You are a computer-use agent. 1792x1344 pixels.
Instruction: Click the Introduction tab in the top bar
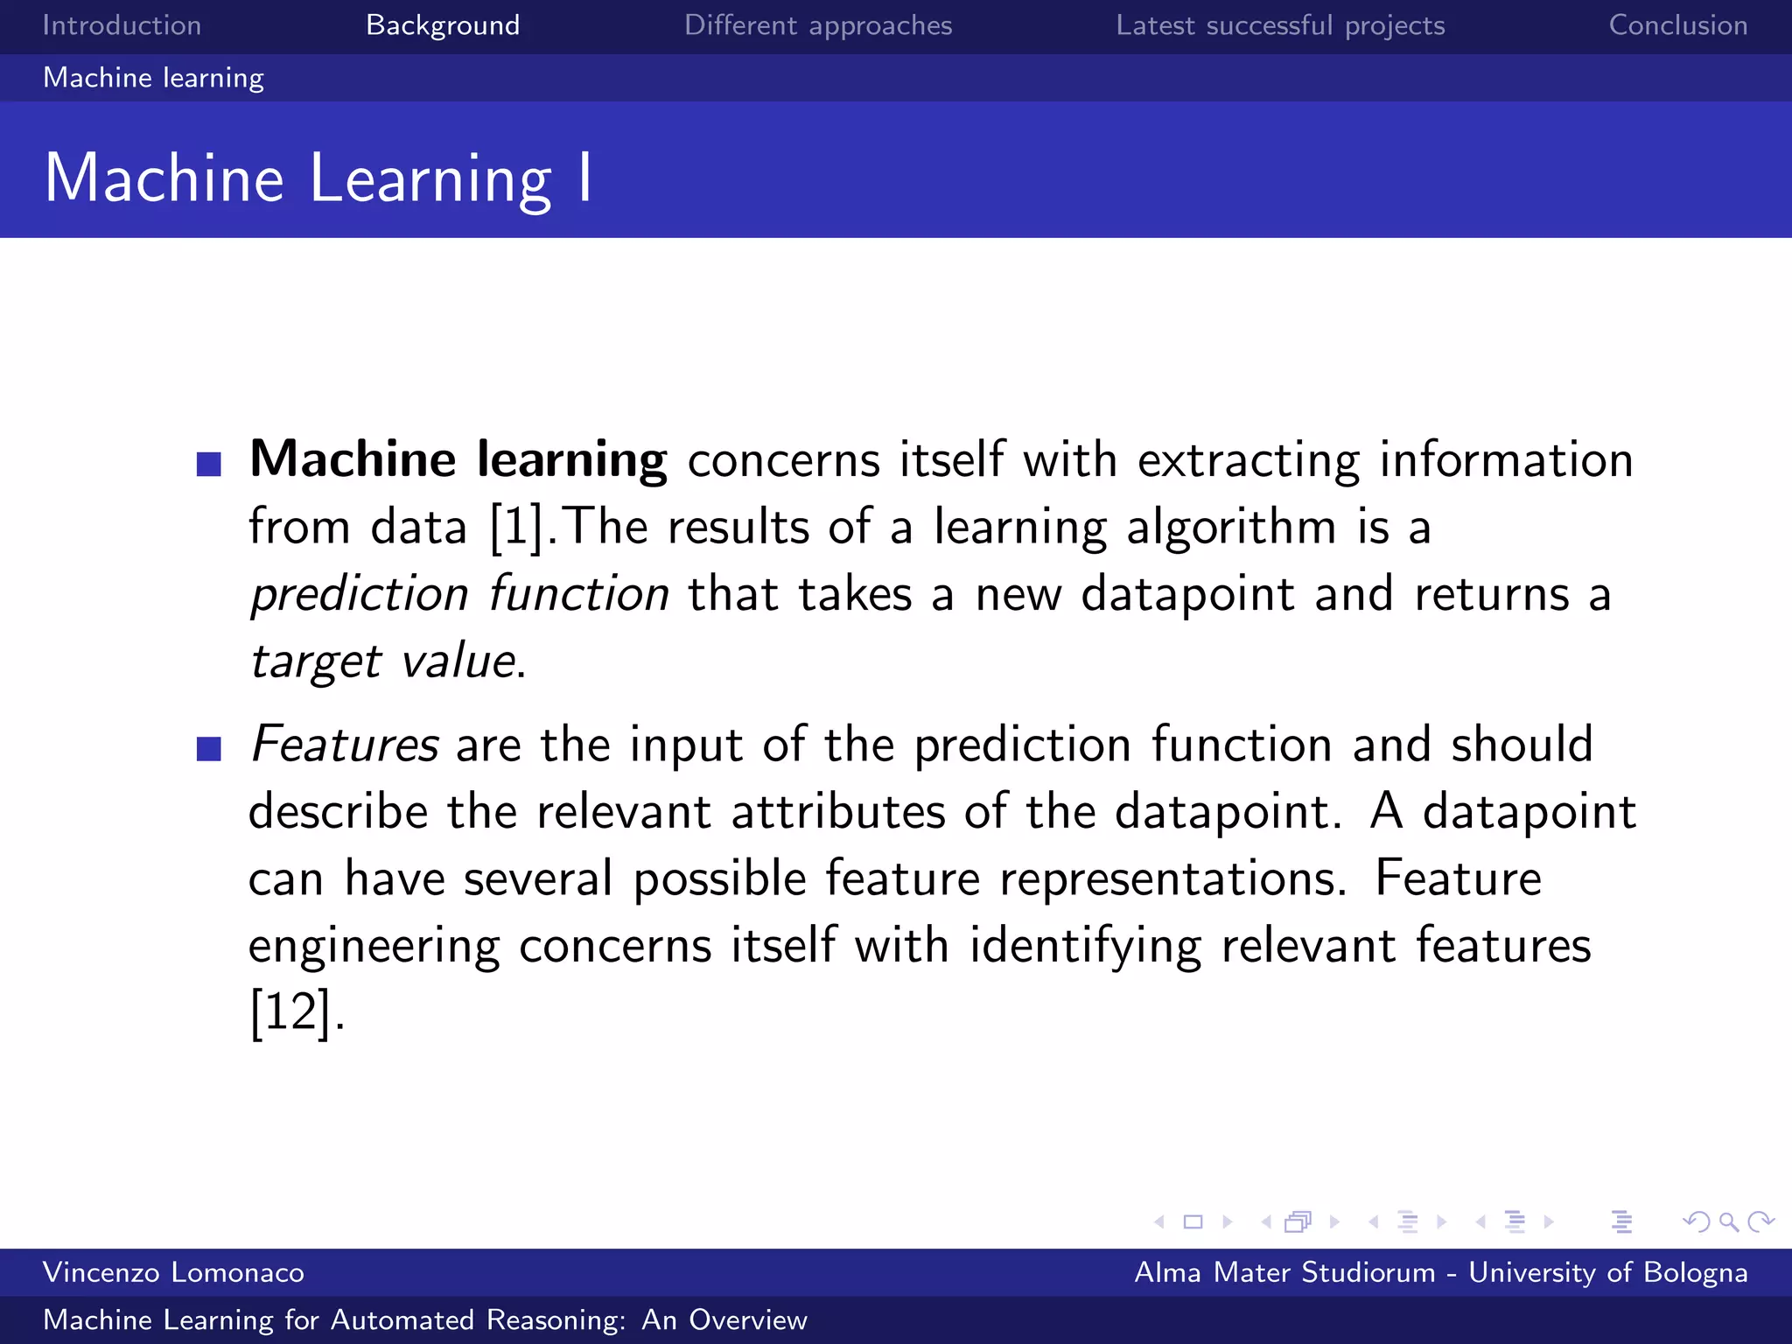pyautogui.click(x=122, y=25)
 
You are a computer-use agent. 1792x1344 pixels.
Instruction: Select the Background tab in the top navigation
pyautogui.click(x=443, y=25)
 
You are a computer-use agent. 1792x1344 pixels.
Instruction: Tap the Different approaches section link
pyautogui.click(x=817, y=25)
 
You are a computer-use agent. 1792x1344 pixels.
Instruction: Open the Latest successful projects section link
pyautogui.click(x=1279, y=25)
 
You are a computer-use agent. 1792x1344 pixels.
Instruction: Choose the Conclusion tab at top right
pyautogui.click(x=1677, y=25)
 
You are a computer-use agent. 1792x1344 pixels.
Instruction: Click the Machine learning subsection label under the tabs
pyautogui.click(x=153, y=78)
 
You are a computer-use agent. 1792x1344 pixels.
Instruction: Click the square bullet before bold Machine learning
pyautogui.click(x=209, y=464)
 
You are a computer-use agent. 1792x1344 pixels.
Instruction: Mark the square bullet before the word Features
pyautogui.click(x=209, y=749)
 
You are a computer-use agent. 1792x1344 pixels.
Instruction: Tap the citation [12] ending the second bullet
pyautogui.click(x=291, y=1013)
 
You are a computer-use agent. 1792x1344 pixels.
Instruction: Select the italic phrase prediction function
pyautogui.click(x=459, y=595)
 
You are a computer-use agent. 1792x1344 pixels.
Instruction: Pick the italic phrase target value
pyautogui.click(x=382, y=661)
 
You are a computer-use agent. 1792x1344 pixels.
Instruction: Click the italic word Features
pyautogui.click(x=344, y=745)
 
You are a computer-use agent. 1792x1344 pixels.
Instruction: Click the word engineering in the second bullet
pyautogui.click(x=374, y=947)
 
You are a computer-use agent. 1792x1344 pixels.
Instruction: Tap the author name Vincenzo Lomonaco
pyautogui.click(x=173, y=1272)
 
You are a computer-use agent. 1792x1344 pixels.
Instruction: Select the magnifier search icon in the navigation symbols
pyautogui.click(x=1728, y=1221)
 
